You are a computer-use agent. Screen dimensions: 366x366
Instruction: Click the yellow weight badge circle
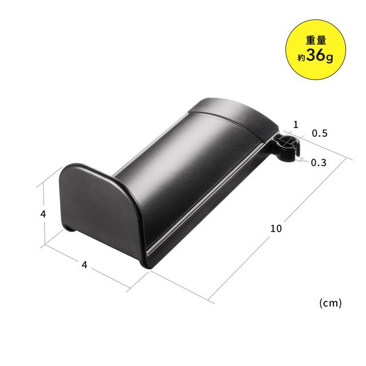316,50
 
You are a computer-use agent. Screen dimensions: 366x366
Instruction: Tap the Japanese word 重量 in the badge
316,41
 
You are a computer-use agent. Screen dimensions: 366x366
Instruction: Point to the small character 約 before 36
301,57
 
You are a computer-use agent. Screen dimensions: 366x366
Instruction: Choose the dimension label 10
276,228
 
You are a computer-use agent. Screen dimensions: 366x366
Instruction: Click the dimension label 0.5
320,133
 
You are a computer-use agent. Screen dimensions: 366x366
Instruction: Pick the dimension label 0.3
319,162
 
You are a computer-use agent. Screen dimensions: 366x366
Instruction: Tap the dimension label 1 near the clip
296,125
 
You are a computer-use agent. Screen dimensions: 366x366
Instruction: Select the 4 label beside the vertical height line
43,214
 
